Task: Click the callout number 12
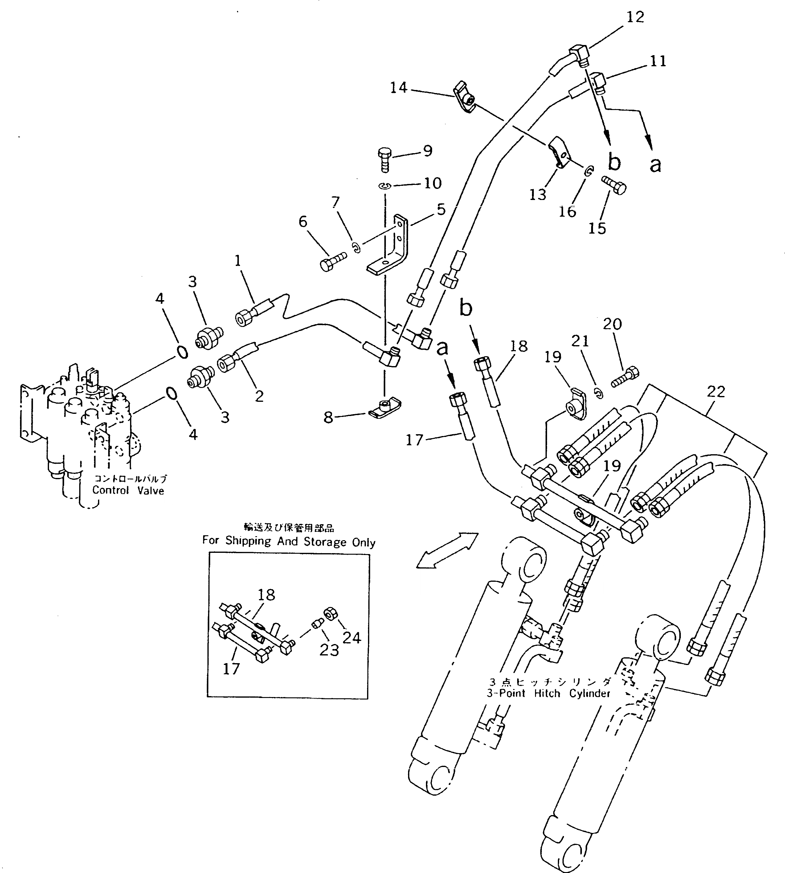pos(635,17)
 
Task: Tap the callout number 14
pos(398,88)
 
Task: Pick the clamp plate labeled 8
pos(385,408)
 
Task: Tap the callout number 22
pos(716,392)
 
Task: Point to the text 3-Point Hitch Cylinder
pos(549,693)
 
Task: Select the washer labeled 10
pos(385,186)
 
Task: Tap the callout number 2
pos(259,396)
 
